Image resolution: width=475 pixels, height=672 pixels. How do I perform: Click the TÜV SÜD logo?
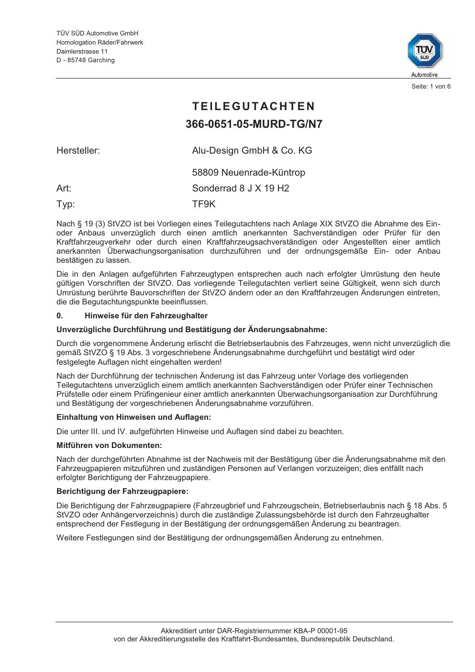[424, 51]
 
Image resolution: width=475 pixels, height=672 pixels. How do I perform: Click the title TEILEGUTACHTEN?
[254, 106]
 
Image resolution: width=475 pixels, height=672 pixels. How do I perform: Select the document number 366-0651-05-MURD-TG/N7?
[254, 124]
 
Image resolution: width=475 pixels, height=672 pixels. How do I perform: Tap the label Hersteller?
[78, 151]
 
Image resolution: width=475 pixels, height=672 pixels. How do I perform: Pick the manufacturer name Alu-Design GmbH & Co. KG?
[252, 151]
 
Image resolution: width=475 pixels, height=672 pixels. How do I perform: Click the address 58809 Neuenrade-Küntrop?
[248, 173]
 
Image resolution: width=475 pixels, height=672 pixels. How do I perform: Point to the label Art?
[64, 189]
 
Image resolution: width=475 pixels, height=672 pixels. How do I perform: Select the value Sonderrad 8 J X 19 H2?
[241, 189]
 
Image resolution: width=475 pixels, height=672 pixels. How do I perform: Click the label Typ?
[66, 204]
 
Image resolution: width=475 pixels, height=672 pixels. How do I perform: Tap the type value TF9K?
[204, 204]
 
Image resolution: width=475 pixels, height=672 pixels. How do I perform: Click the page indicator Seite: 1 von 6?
[431, 87]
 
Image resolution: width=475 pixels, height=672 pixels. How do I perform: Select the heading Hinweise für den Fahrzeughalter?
[146, 316]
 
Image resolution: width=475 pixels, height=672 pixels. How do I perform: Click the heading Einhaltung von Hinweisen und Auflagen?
[133, 417]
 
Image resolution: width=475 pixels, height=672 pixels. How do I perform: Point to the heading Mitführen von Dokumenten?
[109, 446]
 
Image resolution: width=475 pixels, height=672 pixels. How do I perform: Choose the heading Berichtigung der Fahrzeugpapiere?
[122, 492]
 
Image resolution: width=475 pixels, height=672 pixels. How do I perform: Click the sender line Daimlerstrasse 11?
[82, 51]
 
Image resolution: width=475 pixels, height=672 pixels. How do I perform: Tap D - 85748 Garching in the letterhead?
[86, 60]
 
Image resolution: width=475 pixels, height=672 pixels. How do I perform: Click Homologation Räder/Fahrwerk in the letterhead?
[99, 42]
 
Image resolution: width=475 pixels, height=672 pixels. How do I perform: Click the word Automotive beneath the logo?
[424, 75]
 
